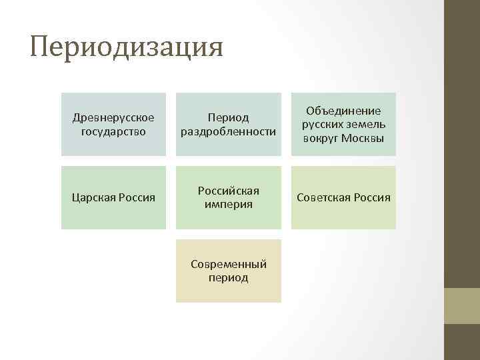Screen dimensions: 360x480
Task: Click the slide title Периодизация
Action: point(127,48)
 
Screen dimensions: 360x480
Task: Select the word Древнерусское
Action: point(113,117)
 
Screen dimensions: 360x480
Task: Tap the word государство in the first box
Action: point(113,131)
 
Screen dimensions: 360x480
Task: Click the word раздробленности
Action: point(229,131)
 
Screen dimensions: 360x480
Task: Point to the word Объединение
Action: point(343,111)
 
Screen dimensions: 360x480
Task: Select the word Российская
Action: point(229,191)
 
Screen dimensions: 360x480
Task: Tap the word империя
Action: point(229,204)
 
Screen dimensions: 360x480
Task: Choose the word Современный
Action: point(229,264)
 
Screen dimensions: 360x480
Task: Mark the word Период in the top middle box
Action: point(229,118)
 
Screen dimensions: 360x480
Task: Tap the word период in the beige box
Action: point(229,277)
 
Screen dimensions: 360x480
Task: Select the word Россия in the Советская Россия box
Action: point(374,198)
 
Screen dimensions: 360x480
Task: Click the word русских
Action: point(324,124)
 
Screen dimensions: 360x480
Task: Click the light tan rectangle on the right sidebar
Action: point(462,305)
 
